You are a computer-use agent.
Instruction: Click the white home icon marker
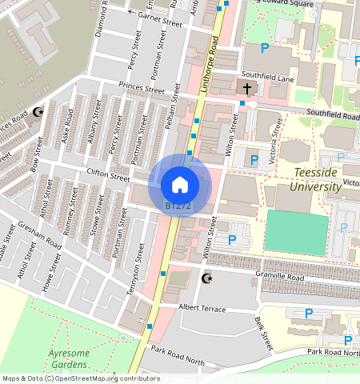(180, 185)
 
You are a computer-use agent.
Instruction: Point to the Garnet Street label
(160, 18)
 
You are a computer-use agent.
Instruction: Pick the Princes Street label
(140, 87)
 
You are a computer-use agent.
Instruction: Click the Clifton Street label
(108, 175)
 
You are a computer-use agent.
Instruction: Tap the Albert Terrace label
(202, 309)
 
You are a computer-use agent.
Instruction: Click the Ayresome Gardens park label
(66, 358)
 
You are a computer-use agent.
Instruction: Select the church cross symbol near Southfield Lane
(247, 88)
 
